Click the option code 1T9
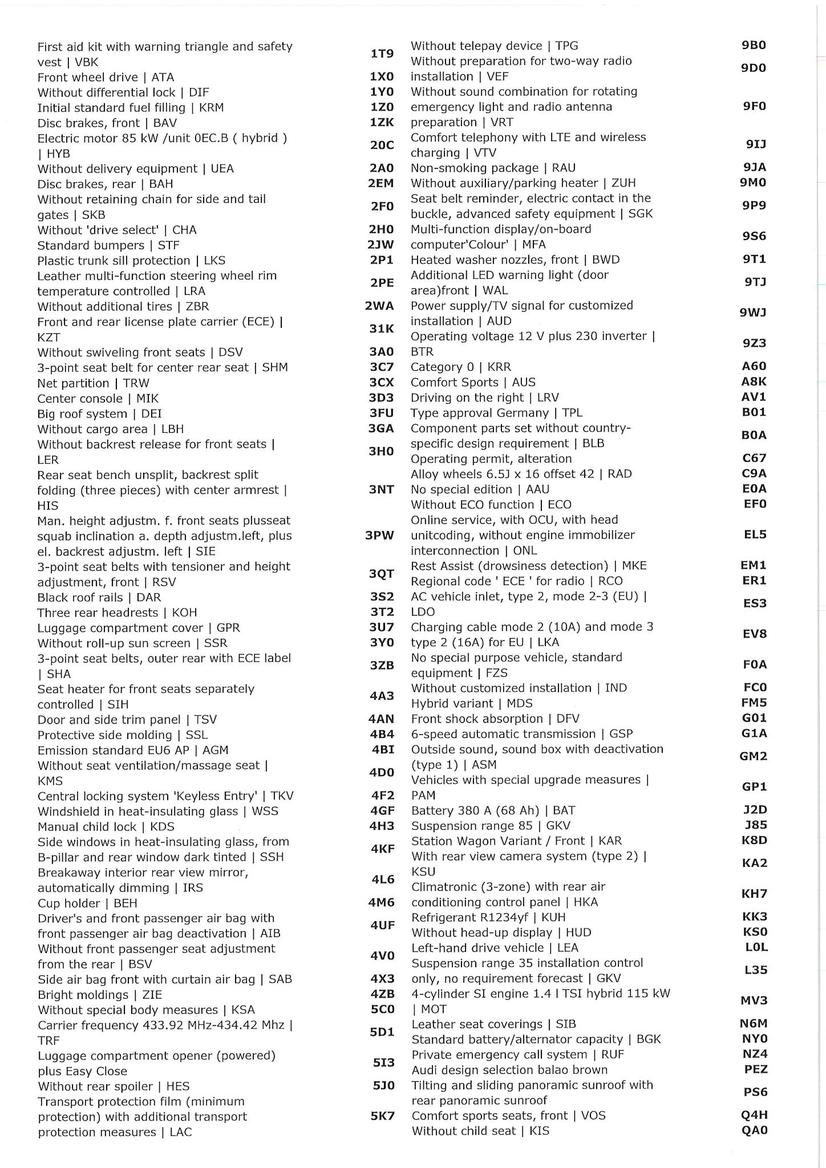[382, 54]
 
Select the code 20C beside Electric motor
[382, 145]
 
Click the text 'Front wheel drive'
[88, 78]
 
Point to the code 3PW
[379, 536]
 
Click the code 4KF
[382, 849]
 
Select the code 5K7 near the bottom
[382, 1116]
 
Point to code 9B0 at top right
[754, 45]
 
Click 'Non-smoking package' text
[475, 168]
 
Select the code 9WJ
[753, 313]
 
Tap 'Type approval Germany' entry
[480, 413]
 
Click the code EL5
[755, 535]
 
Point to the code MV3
[754, 1001]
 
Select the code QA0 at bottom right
[755, 1130]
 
